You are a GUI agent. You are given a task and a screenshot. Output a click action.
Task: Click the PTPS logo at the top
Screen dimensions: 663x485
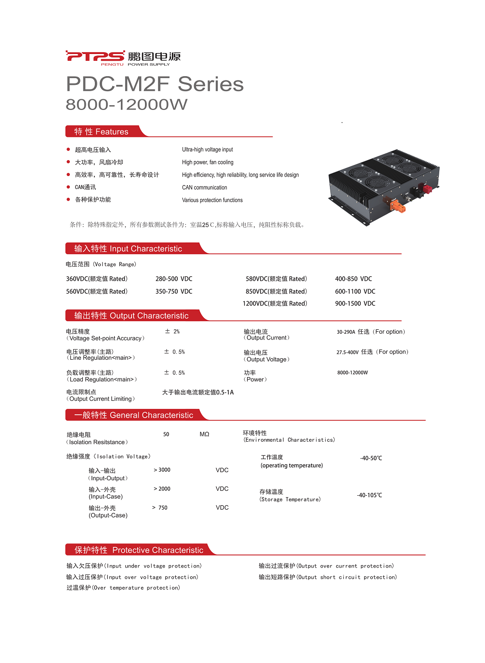(123, 58)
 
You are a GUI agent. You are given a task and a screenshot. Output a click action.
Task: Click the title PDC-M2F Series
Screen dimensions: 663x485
(155, 84)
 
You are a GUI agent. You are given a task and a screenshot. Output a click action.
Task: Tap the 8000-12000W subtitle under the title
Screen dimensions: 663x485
(126, 104)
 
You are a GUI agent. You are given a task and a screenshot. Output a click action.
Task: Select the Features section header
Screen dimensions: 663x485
(102, 132)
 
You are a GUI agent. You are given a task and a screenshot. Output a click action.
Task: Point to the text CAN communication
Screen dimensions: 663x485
(204, 188)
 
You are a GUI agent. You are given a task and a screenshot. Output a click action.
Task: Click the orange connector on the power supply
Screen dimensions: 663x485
(398, 206)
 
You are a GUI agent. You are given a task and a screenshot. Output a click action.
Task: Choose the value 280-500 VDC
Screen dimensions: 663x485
(174, 279)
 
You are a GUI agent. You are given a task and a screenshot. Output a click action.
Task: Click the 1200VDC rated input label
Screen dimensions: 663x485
(275, 303)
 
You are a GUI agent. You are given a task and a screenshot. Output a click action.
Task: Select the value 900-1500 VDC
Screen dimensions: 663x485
(355, 303)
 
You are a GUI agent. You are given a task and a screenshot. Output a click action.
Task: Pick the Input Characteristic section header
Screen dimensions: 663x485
(128, 249)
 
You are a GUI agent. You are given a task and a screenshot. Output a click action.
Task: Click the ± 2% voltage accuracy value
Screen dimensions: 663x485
(172, 332)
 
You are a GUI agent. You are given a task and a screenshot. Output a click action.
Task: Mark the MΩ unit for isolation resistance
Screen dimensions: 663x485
(204, 434)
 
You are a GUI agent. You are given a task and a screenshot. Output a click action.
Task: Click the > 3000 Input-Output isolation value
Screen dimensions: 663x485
(162, 470)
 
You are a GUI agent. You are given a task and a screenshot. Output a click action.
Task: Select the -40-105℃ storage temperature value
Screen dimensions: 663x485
(369, 495)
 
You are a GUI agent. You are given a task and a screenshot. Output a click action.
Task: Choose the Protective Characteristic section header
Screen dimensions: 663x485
(139, 550)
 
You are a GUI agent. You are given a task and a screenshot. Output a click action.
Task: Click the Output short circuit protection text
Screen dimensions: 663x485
(328, 577)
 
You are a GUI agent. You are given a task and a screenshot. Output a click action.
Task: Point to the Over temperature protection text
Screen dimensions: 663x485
(123, 588)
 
